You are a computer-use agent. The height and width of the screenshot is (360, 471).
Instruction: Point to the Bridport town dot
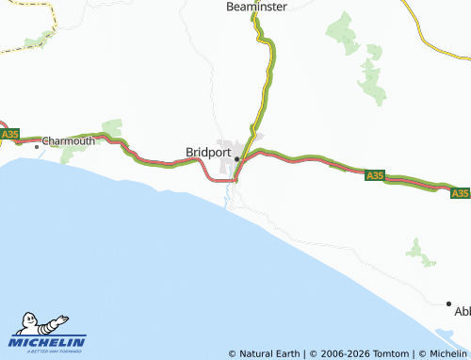pyautogui.click(x=236, y=158)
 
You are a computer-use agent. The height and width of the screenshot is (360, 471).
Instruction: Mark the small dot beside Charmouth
pyautogui.click(x=38, y=146)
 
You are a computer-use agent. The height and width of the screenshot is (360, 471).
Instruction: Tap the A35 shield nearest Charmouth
pyautogui.click(x=9, y=136)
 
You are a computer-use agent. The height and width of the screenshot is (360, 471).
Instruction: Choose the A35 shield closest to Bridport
pyautogui.click(x=374, y=175)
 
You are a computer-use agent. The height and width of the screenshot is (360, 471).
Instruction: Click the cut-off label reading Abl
pyautogui.click(x=462, y=311)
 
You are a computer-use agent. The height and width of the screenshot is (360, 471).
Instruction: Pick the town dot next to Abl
pyautogui.click(x=448, y=303)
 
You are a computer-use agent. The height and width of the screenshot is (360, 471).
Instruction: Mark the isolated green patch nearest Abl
pyautogui.click(x=418, y=250)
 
